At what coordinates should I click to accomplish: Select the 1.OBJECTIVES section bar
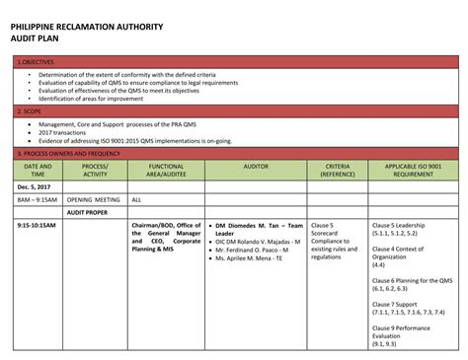click(234, 62)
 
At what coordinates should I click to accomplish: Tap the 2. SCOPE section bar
click(234, 112)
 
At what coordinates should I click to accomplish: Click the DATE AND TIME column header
click(38, 171)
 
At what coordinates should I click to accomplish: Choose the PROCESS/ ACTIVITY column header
click(95, 171)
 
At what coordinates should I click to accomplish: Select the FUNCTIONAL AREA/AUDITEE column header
click(165, 171)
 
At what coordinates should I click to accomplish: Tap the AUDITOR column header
click(256, 167)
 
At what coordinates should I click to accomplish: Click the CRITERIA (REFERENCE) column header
click(338, 171)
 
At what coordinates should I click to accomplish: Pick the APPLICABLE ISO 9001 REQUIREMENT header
click(413, 171)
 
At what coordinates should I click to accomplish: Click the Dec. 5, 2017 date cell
click(33, 186)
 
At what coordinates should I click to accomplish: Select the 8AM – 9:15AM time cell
click(38, 199)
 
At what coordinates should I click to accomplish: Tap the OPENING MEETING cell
click(94, 199)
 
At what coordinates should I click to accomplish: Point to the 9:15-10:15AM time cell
click(37, 226)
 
